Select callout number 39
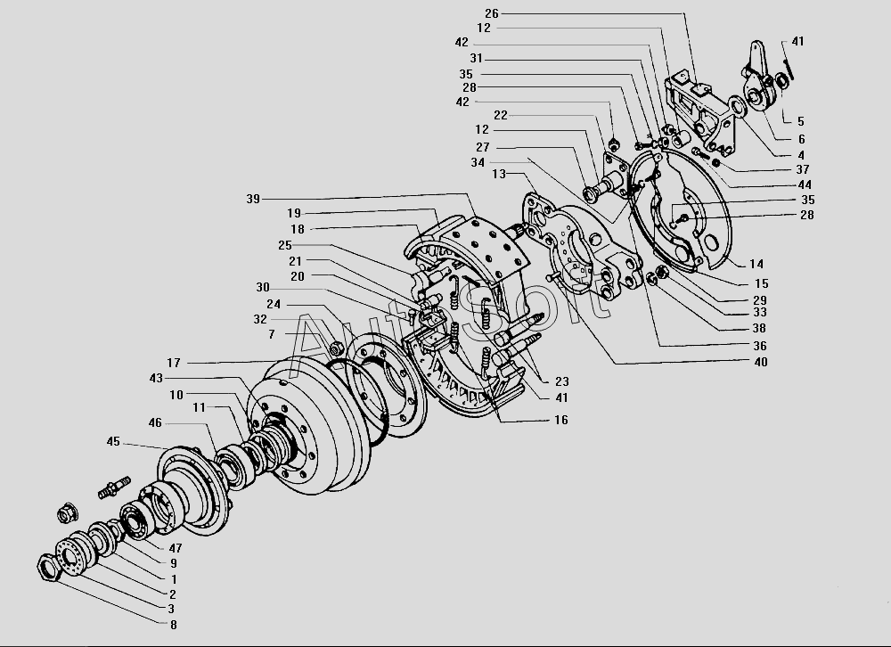coord(254,199)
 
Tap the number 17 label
coord(173,363)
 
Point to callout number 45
coord(113,441)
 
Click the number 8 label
coord(173,625)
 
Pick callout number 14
coord(756,264)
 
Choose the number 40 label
coord(760,362)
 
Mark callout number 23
coord(561,381)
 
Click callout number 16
coord(560,420)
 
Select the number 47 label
coord(175,548)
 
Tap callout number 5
coord(800,121)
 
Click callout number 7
coord(271,333)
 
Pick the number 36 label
coord(759,346)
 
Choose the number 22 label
coord(500,115)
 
